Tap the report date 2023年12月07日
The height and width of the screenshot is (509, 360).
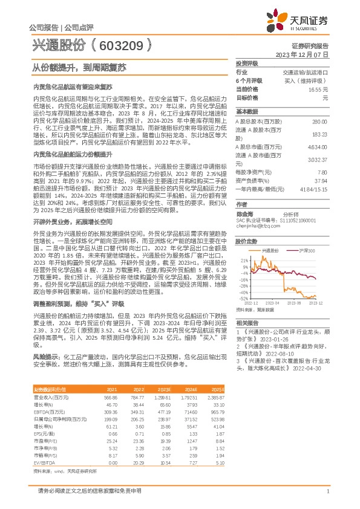[302, 54]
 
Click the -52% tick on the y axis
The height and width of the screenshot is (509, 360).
[242, 299]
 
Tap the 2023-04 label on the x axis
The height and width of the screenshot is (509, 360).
[272, 303]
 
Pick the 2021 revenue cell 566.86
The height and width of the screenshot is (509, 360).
[111, 397]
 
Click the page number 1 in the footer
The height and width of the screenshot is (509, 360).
[327, 492]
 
